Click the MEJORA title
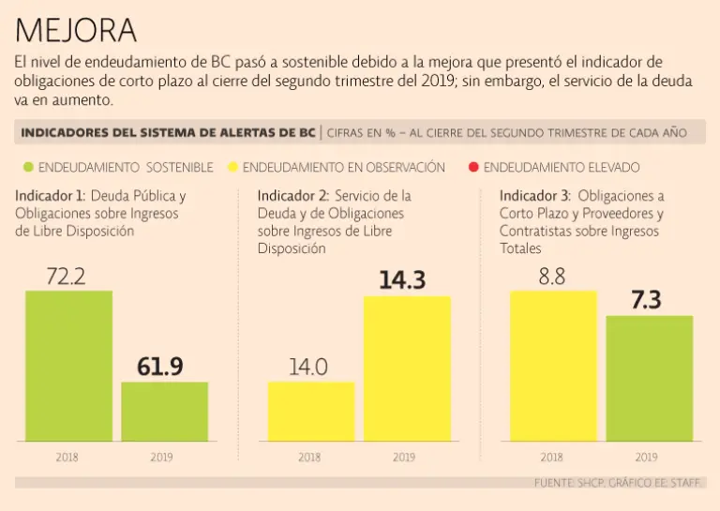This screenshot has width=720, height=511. tap(76, 30)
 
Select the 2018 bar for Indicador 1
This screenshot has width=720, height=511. tap(68, 366)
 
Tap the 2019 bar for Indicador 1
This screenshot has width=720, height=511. tap(164, 411)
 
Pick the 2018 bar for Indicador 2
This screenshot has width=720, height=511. tap(309, 411)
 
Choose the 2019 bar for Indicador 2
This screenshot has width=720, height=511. tap(406, 368)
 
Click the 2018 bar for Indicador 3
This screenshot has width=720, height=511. tap(553, 366)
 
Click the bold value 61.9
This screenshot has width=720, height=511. tap(160, 367)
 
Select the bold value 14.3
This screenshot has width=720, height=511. tap(403, 279)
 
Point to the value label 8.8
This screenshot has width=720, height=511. tap(551, 277)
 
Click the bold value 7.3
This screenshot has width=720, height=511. tap(647, 300)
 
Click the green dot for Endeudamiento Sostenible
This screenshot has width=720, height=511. tap(28, 168)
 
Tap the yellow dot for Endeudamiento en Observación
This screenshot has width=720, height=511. tap(233, 168)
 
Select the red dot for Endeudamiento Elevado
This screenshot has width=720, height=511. tap(473, 168)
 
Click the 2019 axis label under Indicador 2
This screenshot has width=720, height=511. tap(403, 458)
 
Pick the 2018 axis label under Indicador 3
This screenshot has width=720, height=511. tap(551, 458)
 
